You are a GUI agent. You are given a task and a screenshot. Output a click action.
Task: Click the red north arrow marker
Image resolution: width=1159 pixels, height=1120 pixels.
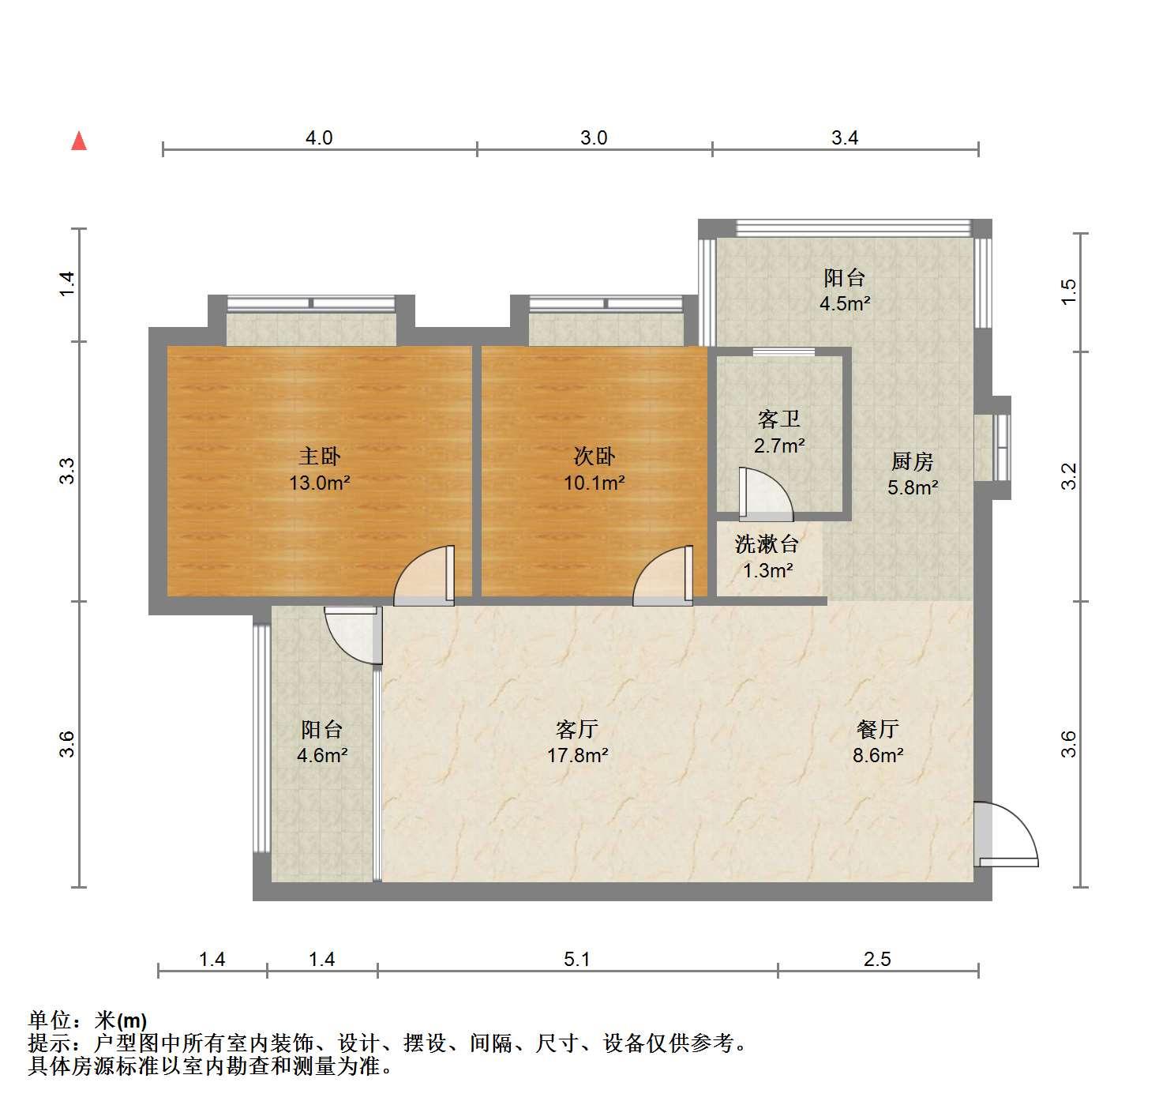79,141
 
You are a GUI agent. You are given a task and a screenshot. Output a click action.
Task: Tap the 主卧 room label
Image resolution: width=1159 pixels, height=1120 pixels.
319,457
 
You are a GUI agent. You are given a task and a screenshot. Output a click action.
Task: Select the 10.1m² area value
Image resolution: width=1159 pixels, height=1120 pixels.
594,483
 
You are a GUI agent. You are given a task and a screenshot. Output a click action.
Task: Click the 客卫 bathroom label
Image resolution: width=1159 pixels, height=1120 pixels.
779,419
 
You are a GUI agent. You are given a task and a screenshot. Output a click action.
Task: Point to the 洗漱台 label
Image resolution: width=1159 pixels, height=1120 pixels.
767,544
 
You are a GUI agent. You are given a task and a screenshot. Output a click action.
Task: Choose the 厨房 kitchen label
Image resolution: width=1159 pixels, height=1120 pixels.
913,462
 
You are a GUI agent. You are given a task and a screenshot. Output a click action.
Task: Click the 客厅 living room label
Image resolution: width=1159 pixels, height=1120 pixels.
576,728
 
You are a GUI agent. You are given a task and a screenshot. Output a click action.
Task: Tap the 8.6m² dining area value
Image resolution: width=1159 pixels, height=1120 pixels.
878,755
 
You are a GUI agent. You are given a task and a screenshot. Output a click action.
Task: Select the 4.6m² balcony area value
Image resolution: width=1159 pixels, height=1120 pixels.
322,755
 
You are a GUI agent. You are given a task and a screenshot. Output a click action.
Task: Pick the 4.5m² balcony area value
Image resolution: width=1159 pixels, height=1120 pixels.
845,304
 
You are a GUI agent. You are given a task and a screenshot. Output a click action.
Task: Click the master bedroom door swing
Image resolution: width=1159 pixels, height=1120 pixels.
424,576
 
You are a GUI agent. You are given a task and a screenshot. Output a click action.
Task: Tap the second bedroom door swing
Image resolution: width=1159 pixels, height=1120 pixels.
662,576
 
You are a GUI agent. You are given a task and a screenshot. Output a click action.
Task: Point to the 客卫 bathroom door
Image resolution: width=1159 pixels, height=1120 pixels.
766,494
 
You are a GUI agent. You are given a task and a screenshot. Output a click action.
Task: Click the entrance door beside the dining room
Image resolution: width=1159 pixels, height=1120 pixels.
1006,835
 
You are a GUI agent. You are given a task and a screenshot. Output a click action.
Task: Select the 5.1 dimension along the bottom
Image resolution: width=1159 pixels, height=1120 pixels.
576,959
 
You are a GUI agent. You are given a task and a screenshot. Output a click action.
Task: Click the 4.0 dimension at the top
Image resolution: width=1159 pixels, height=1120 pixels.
319,137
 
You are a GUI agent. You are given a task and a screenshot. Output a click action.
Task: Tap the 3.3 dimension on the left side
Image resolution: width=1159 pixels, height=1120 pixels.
67,471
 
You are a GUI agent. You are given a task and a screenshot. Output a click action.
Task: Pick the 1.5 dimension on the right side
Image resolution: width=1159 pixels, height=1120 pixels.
1069,292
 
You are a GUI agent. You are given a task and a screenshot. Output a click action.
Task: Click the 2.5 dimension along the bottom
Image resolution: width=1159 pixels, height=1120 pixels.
877,959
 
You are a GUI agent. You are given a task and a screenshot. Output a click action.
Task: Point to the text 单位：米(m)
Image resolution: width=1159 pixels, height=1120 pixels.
88,1020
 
